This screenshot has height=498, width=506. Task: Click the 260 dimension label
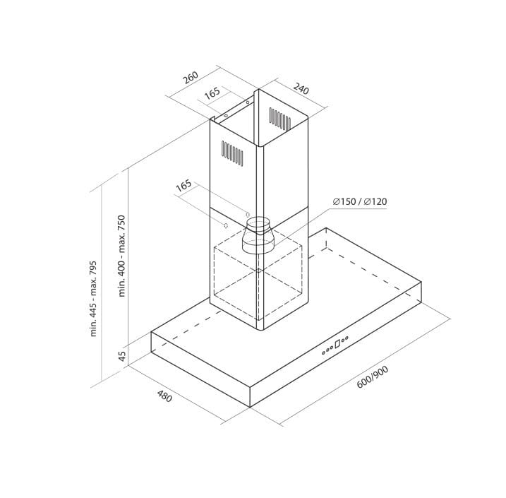pos(191,78)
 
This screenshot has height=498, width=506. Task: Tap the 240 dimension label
pos(301,88)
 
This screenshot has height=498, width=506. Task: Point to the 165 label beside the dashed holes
pos(183,186)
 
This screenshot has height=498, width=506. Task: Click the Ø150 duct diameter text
pos(344,201)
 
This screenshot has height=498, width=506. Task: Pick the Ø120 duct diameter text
pos(375,201)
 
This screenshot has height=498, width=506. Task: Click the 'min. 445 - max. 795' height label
pos(93,298)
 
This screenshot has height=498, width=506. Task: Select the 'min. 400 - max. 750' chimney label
pos(121,256)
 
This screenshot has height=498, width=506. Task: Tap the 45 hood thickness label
pos(122,356)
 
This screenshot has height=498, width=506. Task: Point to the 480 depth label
pos(164,396)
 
